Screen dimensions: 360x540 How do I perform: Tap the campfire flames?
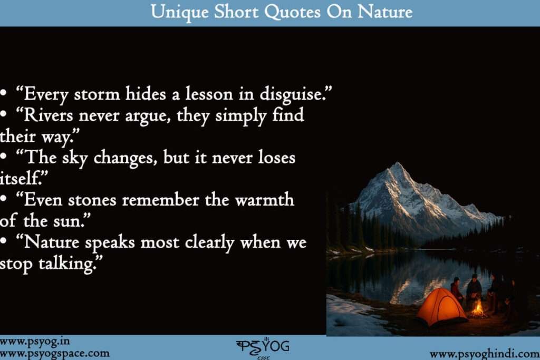(x=478, y=308)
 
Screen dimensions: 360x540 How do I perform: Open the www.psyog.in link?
(x=35, y=342)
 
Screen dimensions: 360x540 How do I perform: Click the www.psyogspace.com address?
(x=55, y=353)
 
